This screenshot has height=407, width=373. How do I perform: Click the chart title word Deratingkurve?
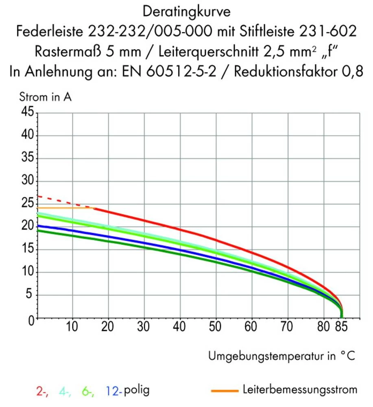click(187, 11)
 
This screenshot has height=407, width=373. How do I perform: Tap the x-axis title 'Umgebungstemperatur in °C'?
click(282, 356)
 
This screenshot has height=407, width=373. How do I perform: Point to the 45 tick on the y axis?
click(26, 113)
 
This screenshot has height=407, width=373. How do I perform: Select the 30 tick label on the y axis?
click(26, 181)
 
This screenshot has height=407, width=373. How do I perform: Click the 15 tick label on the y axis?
click(26, 250)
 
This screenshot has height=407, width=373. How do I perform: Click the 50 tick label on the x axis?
click(215, 327)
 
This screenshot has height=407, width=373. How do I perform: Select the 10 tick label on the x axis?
click(72, 327)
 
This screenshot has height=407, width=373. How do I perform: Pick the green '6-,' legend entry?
click(88, 391)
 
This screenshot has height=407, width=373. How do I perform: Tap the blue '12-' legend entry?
click(113, 391)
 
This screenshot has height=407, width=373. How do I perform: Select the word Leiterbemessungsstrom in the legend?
click(299, 389)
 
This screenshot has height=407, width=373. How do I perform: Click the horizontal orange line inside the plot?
click(65, 208)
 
